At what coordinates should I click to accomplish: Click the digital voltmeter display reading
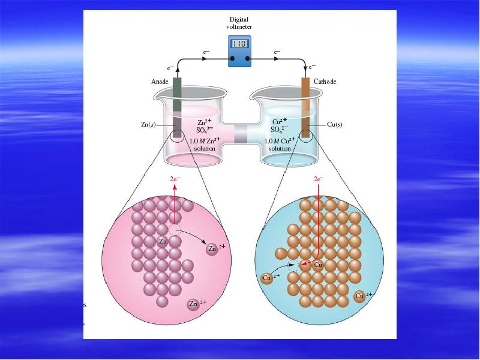pyautogui.click(x=239, y=44)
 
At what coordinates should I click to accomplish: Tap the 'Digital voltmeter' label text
pyautogui.click(x=239, y=22)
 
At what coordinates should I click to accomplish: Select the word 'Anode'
pyautogui.click(x=160, y=82)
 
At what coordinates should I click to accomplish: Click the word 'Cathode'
pyautogui.click(x=325, y=82)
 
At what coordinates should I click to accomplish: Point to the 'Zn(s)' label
pyautogui.click(x=149, y=125)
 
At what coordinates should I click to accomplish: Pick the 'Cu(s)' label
pyautogui.click(x=334, y=125)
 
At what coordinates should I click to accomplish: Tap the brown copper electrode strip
pyautogui.click(x=305, y=108)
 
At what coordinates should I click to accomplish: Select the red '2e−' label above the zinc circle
pyautogui.click(x=175, y=179)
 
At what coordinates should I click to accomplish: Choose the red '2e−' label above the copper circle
pyautogui.click(x=318, y=179)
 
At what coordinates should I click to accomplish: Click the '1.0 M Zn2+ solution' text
pyautogui.click(x=204, y=144)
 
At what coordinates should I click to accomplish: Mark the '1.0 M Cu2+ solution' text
pyautogui.click(x=280, y=144)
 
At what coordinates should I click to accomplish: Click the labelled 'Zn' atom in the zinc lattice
pyautogui.click(x=162, y=241)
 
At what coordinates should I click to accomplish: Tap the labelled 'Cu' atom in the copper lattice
pyautogui.click(x=319, y=265)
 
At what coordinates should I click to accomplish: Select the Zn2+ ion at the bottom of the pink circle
pyautogui.click(x=193, y=304)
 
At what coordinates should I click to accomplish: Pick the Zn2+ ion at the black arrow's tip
pyautogui.click(x=212, y=248)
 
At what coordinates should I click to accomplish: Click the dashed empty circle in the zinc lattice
pyautogui.click(x=175, y=230)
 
